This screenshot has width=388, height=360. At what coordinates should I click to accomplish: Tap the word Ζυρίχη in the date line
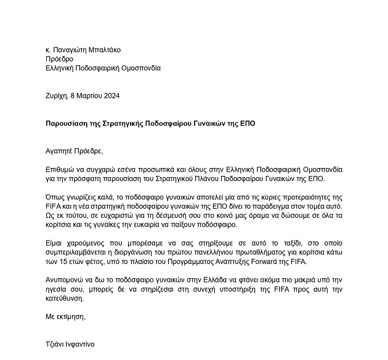pos(57,96)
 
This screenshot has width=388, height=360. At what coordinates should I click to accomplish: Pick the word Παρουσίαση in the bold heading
pos(68,123)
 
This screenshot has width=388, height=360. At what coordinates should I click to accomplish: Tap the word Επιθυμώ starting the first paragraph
pos(62,169)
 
